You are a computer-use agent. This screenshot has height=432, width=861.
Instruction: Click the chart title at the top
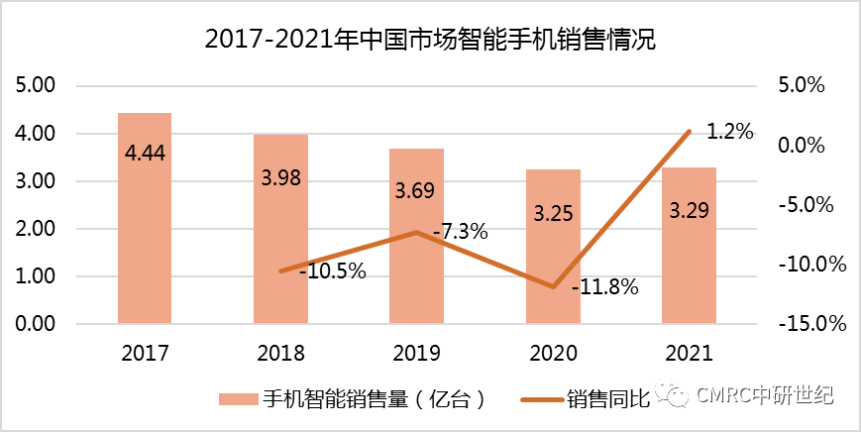tap(430, 40)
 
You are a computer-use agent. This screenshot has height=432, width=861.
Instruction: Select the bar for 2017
tap(145, 218)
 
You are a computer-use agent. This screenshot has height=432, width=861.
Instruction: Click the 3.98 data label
tap(280, 178)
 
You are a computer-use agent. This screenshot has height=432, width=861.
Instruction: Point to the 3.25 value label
tap(553, 213)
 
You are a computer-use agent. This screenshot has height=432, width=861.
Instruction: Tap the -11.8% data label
tap(604, 288)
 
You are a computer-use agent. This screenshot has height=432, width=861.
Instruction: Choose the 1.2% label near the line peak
tap(729, 131)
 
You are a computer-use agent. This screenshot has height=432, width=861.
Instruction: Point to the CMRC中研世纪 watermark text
tap(766, 397)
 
